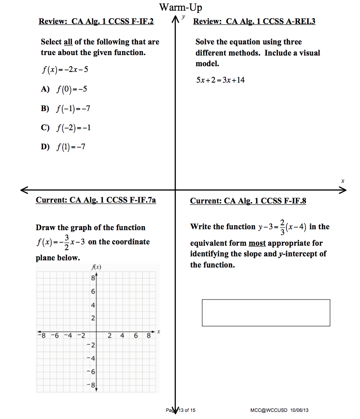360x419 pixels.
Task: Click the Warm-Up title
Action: pyautogui.click(x=181, y=8)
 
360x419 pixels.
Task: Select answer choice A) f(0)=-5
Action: pyautogui.click(x=64, y=89)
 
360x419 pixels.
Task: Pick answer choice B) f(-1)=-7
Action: pyautogui.click(x=66, y=108)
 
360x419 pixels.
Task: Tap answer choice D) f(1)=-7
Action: pyautogui.click(x=63, y=147)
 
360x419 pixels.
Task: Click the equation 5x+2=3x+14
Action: pyautogui.click(x=220, y=80)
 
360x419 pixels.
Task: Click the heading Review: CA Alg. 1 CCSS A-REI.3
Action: pyautogui.click(x=254, y=21)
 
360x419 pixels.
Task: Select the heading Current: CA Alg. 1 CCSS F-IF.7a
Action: pyautogui.click(x=96, y=200)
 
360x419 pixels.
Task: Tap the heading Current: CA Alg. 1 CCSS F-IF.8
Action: pyautogui.click(x=248, y=201)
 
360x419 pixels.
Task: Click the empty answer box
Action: pyautogui.click(x=265, y=313)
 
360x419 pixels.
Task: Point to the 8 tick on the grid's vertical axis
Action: pyautogui.click(x=93, y=279)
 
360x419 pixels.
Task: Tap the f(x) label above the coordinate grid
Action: pyautogui.click(x=96, y=267)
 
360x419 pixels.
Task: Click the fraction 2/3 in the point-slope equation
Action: pyautogui.click(x=282, y=227)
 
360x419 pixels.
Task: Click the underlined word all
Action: pyautogui.click(x=68, y=42)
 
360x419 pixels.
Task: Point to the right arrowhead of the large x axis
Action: pyautogui.click(x=343, y=190)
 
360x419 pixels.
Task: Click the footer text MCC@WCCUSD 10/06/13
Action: pyautogui.click(x=279, y=410)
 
